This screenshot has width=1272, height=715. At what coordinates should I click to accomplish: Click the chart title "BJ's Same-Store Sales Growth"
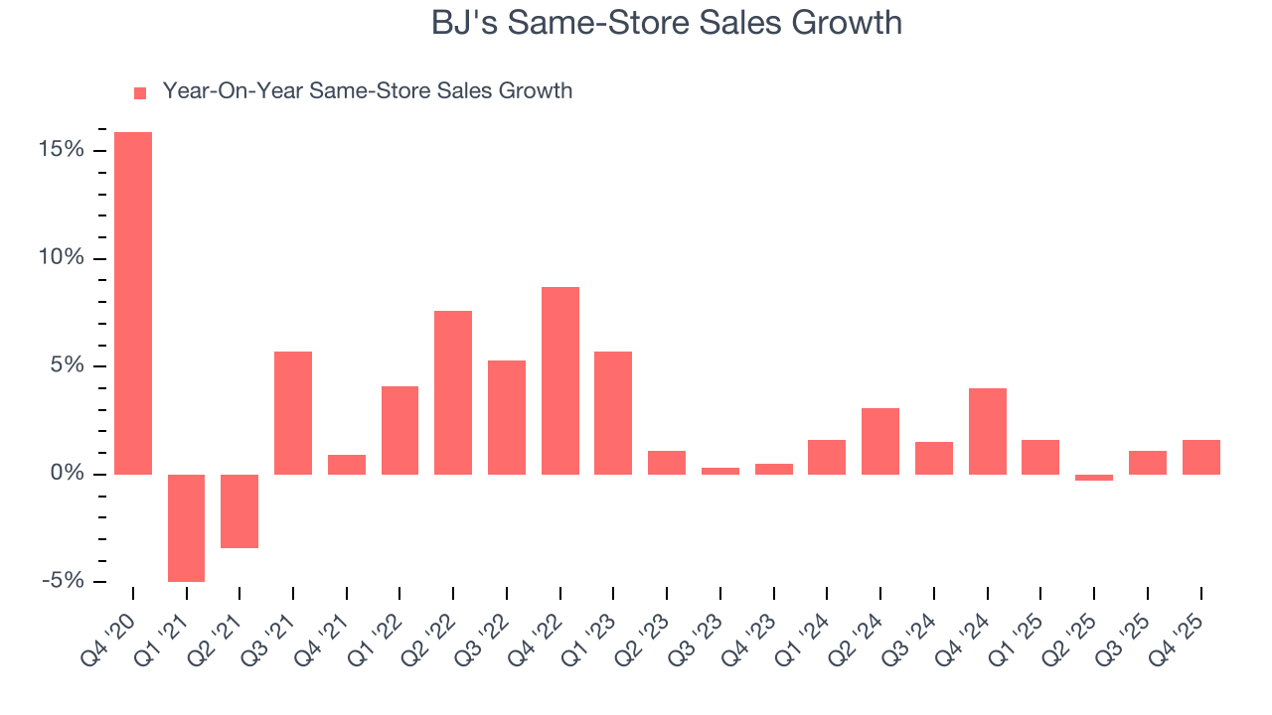point(666,22)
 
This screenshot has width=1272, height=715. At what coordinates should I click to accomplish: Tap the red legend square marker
point(140,92)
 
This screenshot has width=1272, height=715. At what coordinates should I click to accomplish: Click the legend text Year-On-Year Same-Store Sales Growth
point(367,91)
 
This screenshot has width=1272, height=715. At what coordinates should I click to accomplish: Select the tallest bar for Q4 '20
point(133,303)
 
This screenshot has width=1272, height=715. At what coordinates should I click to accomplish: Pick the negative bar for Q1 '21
point(186,527)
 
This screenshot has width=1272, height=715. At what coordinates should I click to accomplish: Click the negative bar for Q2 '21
point(239,510)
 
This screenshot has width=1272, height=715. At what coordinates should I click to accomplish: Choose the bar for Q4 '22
point(560,380)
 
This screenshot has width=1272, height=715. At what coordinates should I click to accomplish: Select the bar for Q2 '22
point(453,392)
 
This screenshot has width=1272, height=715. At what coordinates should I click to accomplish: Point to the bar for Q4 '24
point(988,431)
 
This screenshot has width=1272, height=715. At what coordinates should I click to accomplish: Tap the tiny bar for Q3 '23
point(720,471)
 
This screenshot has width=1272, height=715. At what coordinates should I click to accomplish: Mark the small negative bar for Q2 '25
point(1094,478)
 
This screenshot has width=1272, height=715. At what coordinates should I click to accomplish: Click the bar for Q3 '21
point(293,412)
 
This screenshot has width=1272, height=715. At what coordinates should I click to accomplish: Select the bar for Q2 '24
point(880,441)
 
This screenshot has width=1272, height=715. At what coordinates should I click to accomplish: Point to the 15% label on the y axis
point(61,150)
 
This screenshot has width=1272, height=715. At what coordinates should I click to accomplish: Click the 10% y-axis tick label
point(61,258)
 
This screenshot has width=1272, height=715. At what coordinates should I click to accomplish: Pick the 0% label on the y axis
point(67,474)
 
